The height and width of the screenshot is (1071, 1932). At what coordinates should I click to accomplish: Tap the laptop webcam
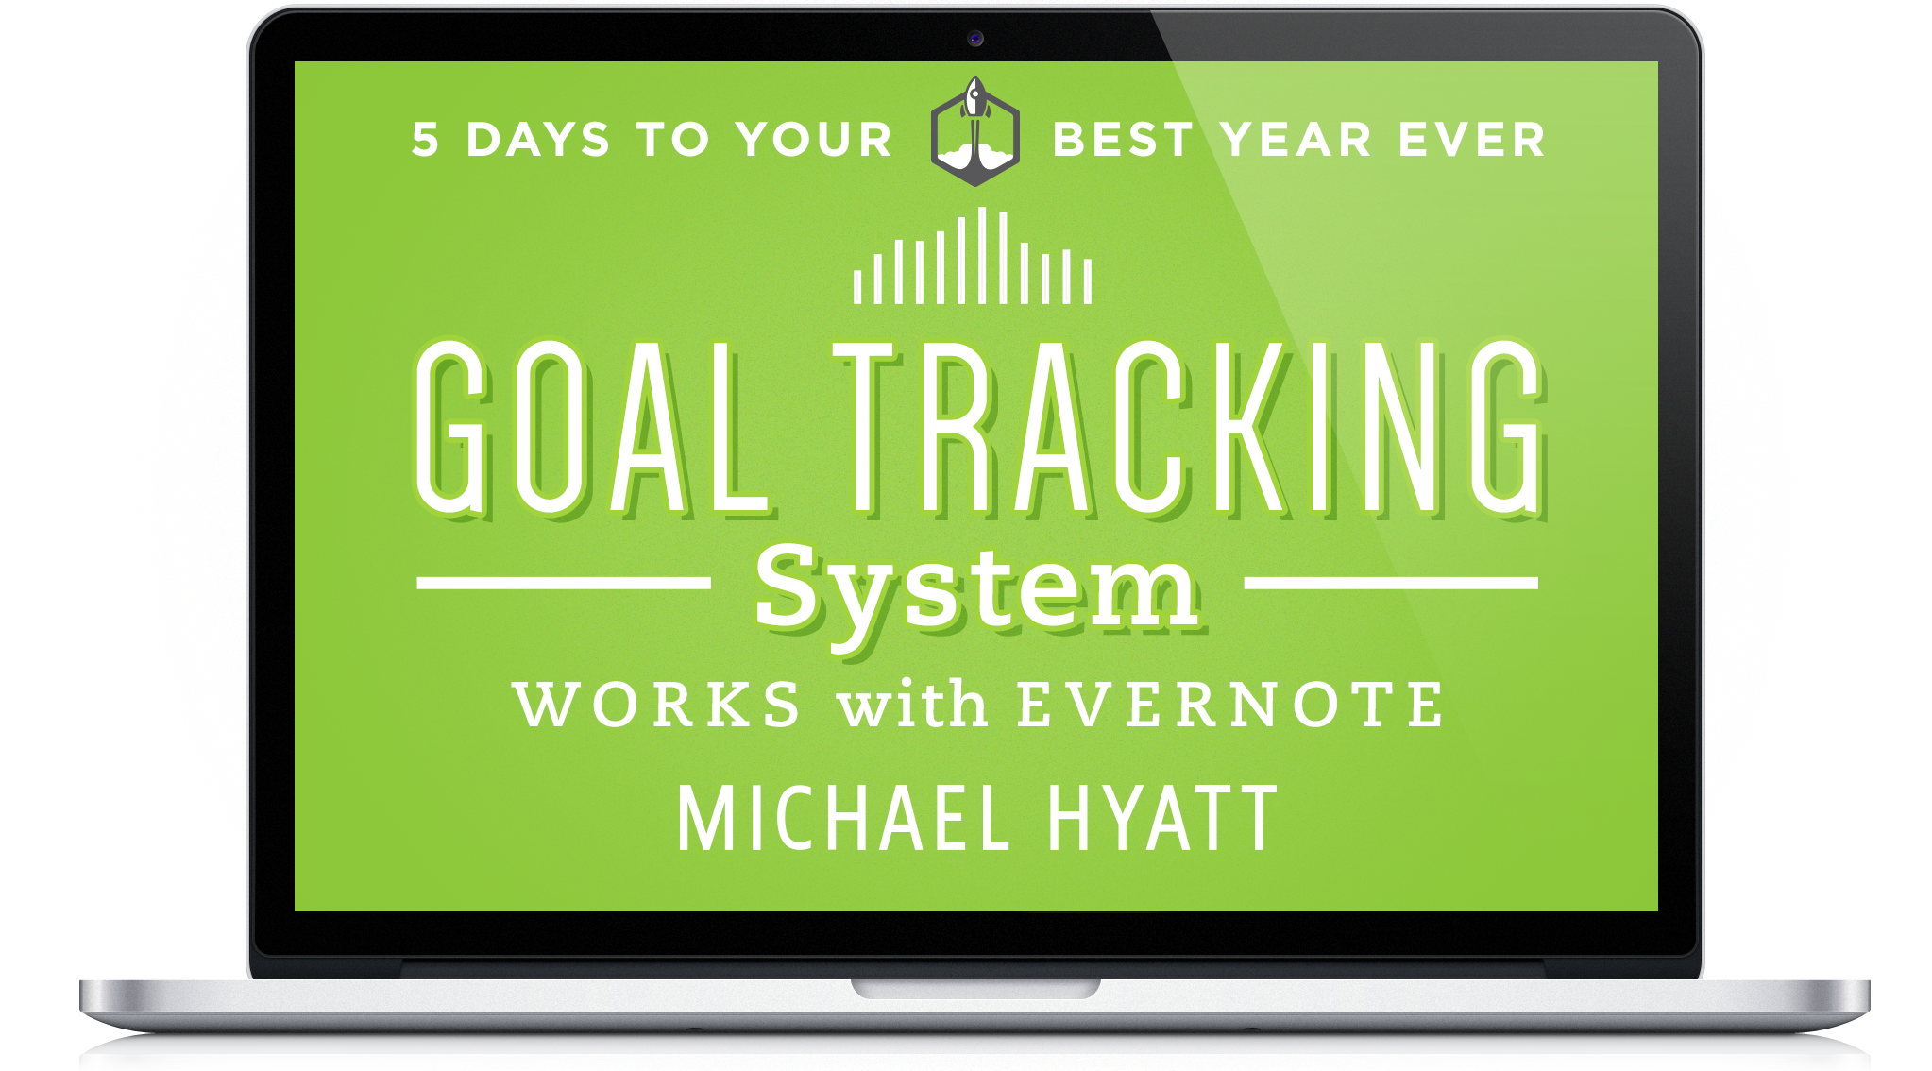click(x=975, y=39)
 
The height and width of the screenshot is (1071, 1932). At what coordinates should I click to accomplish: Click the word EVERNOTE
click(x=1230, y=705)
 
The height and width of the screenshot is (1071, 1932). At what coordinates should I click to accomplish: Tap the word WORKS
click(x=657, y=705)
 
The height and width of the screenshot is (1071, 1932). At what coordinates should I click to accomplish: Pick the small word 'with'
click(x=912, y=704)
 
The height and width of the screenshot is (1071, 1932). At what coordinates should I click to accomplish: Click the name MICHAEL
click(x=843, y=818)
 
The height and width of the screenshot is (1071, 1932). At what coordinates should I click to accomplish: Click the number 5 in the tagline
click(x=426, y=140)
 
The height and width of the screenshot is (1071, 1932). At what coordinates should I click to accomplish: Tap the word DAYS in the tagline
click(x=538, y=140)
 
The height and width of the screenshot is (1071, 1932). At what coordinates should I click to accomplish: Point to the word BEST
click(x=1123, y=140)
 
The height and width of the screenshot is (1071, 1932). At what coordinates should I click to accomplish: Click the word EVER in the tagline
click(x=1471, y=140)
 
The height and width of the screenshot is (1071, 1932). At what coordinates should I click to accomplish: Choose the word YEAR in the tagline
click(x=1296, y=140)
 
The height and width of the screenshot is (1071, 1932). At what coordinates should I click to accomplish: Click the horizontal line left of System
click(x=564, y=583)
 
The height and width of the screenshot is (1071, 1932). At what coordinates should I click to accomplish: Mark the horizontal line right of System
click(x=1391, y=583)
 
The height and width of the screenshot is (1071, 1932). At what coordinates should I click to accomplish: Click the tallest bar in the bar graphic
click(x=982, y=255)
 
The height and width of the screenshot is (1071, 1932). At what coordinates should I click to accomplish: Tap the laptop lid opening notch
click(x=975, y=988)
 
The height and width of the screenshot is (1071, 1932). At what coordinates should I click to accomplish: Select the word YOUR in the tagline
click(x=814, y=140)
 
